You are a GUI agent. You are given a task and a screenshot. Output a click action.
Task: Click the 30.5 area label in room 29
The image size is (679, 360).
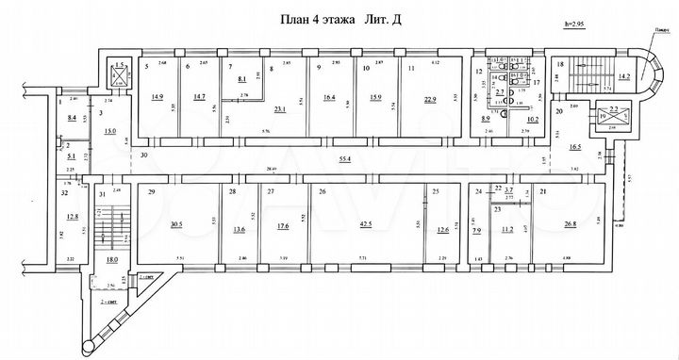[x=176, y=224]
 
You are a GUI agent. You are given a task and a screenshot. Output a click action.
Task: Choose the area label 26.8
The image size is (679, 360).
[x=571, y=224]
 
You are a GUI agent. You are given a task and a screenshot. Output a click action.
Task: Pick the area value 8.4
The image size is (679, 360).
[x=73, y=118]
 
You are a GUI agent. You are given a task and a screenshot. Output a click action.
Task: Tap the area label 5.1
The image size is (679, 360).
[x=72, y=158]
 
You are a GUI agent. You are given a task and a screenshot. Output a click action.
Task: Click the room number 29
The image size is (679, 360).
[x=151, y=192]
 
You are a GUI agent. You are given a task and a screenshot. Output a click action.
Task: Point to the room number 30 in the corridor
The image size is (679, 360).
[x=144, y=155]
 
